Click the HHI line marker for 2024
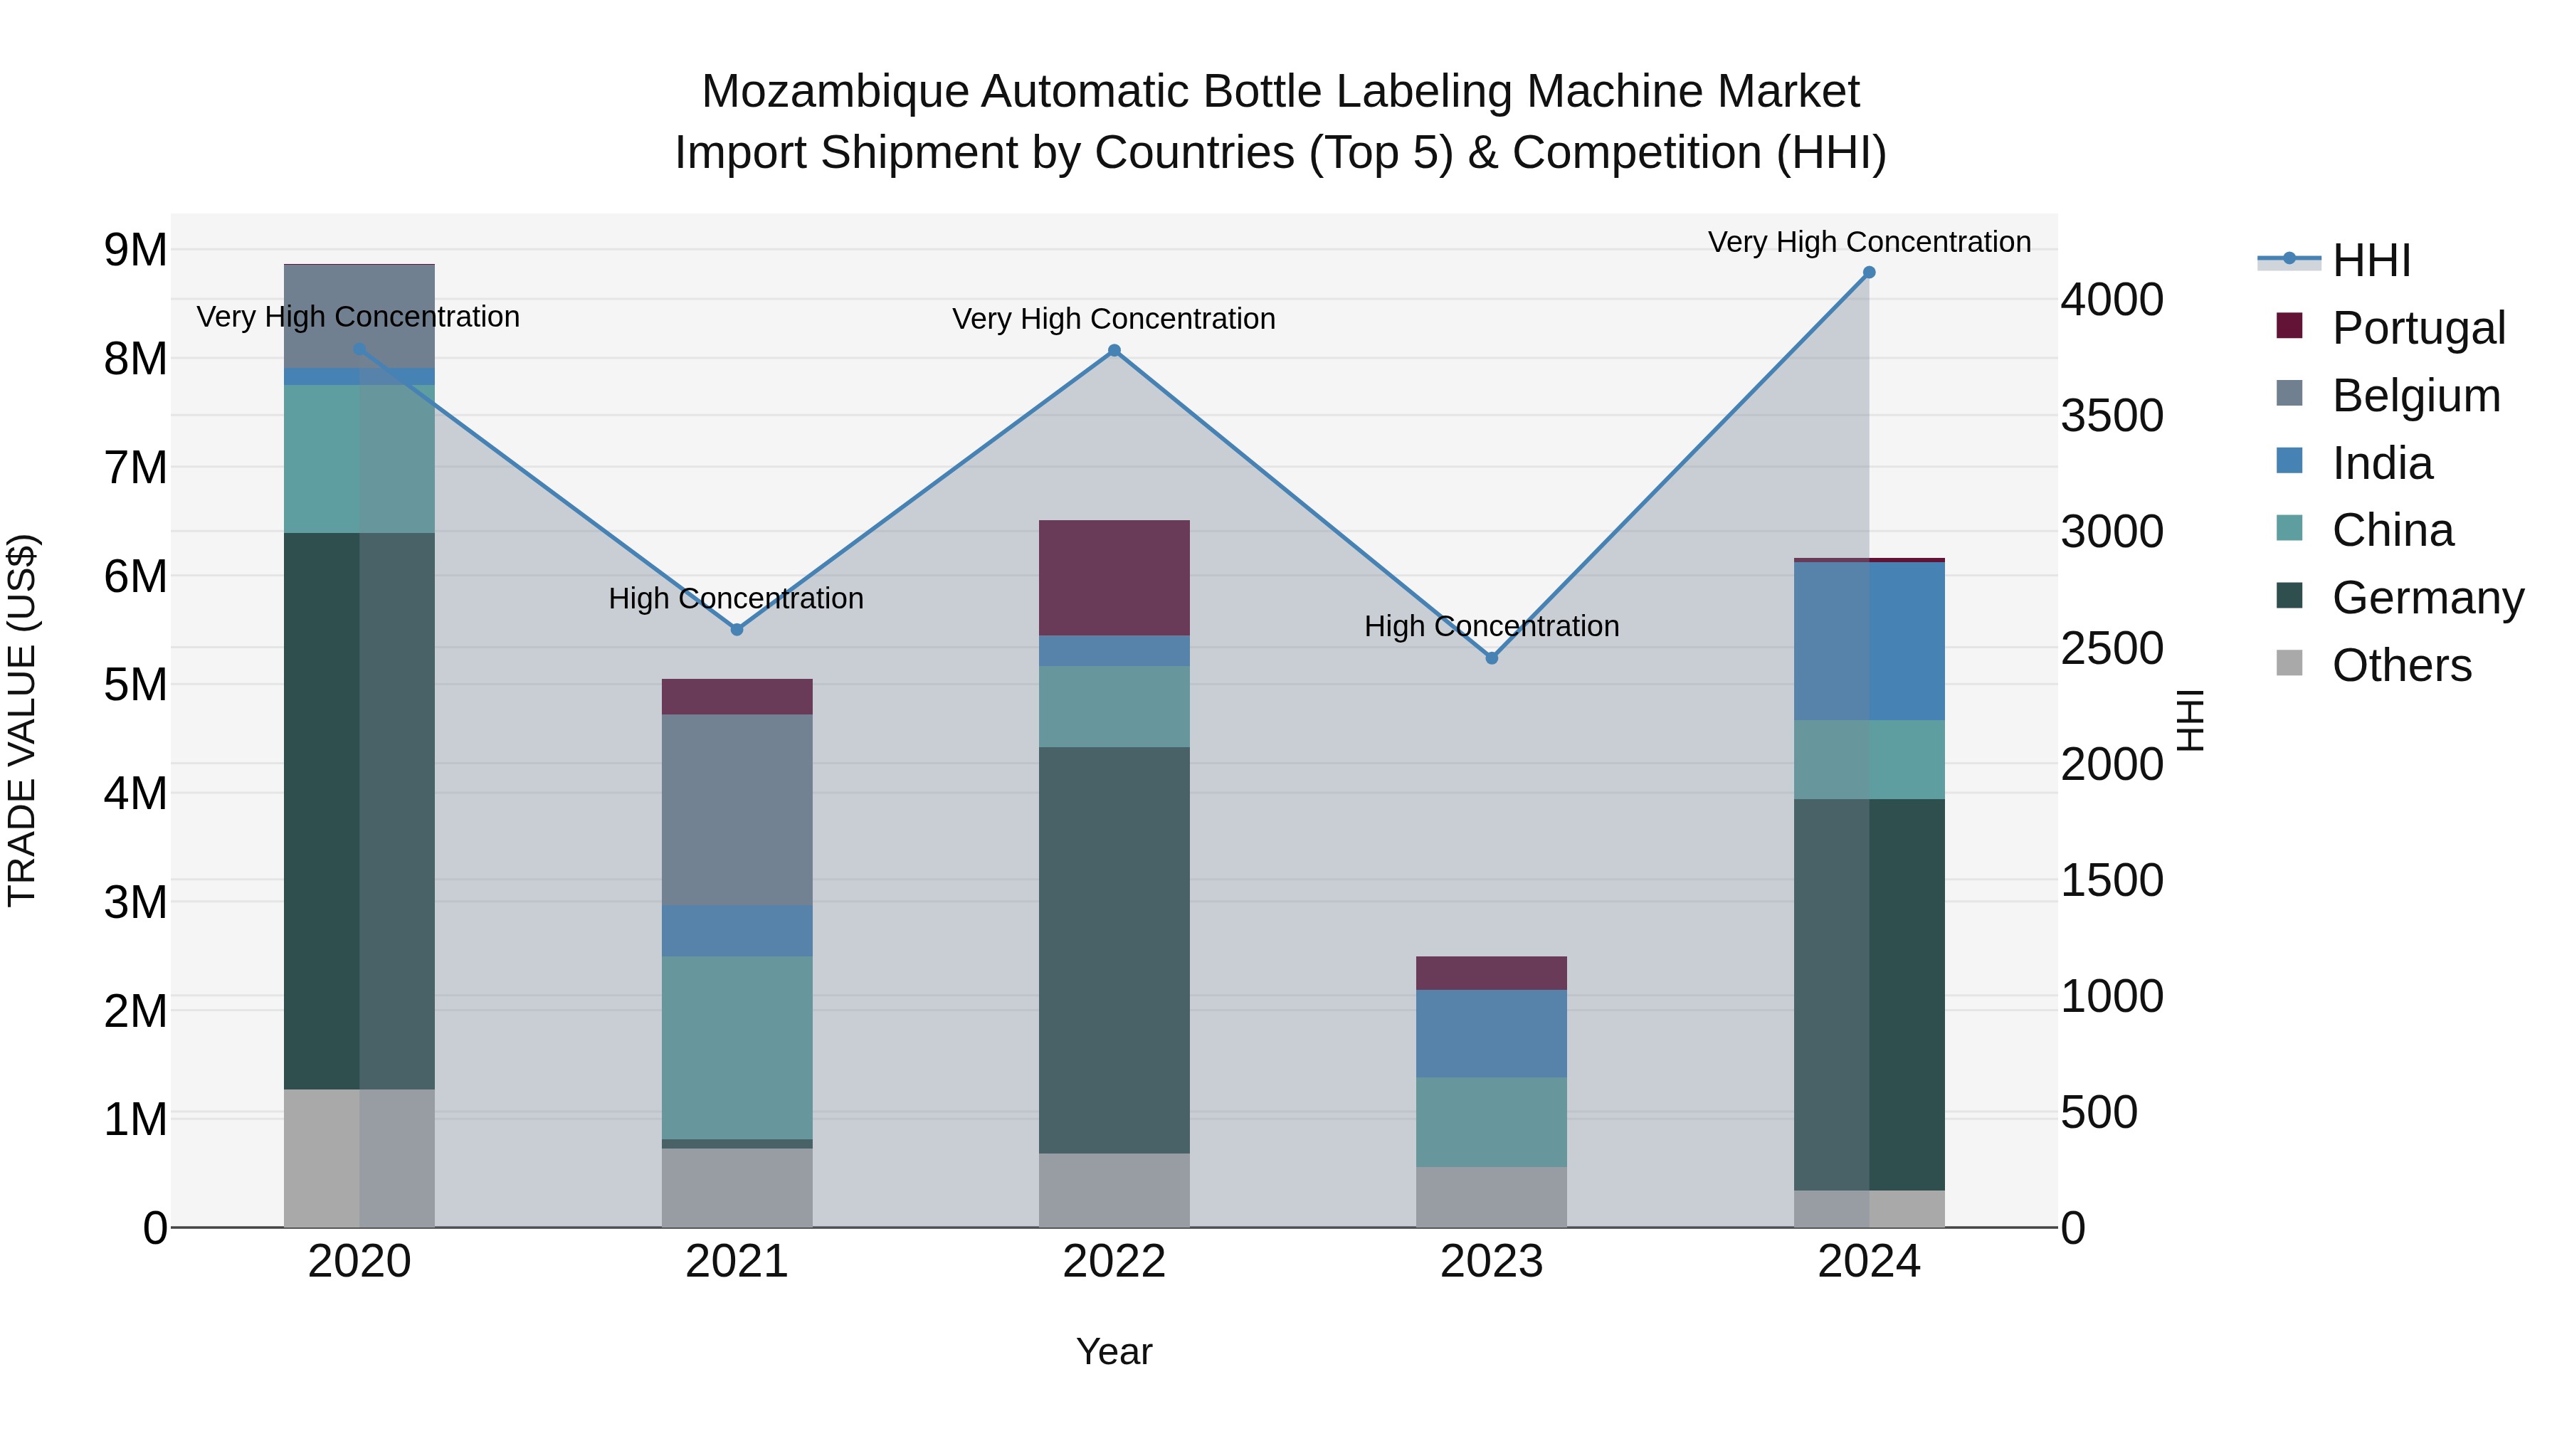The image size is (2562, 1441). [1869, 273]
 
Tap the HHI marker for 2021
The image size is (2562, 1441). [737, 630]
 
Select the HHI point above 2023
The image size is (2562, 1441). [1491, 658]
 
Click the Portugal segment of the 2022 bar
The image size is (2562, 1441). [1114, 578]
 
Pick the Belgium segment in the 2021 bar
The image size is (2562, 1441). [737, 810]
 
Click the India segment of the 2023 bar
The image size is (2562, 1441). [1491, 1033]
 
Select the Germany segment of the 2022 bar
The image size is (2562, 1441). [1114, 950]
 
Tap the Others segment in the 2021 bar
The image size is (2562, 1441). [737, 1188]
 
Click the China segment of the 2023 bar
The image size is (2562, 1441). [1491, 1121]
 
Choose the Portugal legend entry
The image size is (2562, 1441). [2418, 328]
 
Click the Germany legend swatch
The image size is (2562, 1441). [2289, 597]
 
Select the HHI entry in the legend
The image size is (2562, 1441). [2371, 260]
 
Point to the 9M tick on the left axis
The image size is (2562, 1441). [135, 250]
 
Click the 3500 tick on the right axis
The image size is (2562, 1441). [2112, 416]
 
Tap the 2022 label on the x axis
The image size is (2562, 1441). [1114, 1262]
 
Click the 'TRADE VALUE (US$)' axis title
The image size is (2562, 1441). [23, 720]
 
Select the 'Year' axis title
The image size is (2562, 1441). [1114, 1351]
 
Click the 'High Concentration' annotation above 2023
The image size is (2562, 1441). [1491, 626]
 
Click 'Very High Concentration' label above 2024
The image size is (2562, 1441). [1869, 242]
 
